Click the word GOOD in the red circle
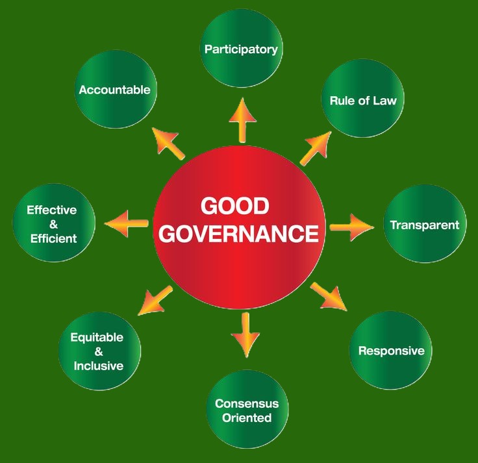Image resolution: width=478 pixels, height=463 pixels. (234, 206)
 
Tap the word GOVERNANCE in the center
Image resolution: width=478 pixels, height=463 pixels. (238, 234)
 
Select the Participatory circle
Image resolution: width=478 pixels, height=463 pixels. (242, 49)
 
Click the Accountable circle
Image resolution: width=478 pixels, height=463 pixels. (115, 90)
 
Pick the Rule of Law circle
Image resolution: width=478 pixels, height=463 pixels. (364, 101)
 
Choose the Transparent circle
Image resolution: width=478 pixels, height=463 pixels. (425, 225)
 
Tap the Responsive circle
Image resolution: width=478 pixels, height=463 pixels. (392, 351)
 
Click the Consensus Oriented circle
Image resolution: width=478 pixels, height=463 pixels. (247, 410)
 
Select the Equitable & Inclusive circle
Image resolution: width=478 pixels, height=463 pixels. (97, 351)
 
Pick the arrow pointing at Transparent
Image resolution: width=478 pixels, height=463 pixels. (351, 226)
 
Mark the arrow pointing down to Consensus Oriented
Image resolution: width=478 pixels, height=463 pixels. (245, 334)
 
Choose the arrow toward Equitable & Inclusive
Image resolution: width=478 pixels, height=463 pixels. (155, 301)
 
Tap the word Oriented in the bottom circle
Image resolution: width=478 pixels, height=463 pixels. (247, 418)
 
